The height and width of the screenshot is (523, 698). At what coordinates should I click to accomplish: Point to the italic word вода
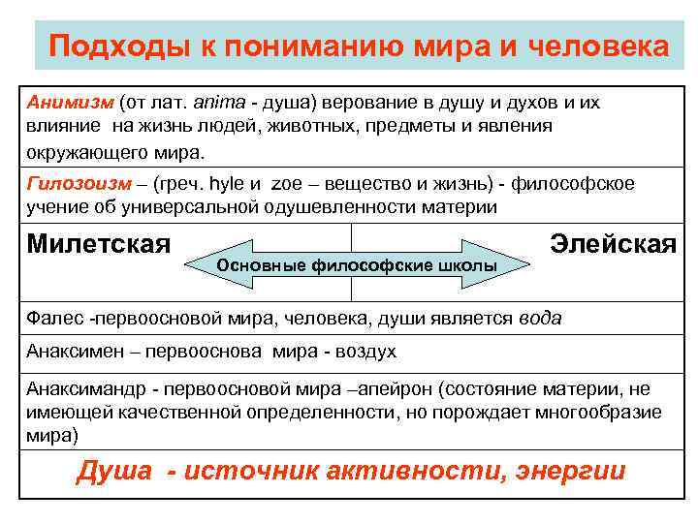click(x=540, y=318)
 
